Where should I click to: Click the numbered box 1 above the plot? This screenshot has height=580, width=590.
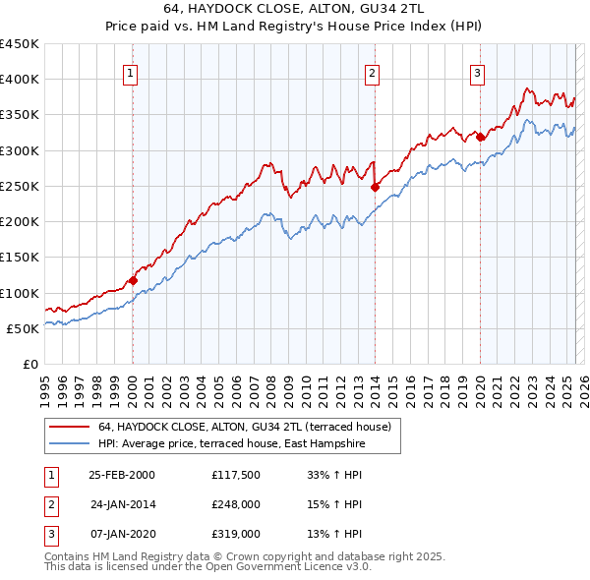click(131, 72)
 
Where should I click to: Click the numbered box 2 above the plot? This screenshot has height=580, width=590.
click(373, 72)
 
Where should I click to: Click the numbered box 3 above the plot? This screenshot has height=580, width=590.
click(477, 72)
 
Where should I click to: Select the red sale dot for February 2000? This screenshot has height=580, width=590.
click(133, 280)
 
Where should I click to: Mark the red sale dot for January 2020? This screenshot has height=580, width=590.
click(480, 138)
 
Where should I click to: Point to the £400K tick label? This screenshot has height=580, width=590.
click(20, 80)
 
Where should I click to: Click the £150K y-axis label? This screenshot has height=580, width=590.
click(20, 258)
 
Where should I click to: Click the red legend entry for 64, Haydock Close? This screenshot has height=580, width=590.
click(245, 428)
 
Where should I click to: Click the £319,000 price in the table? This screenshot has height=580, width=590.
click(236, 534)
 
